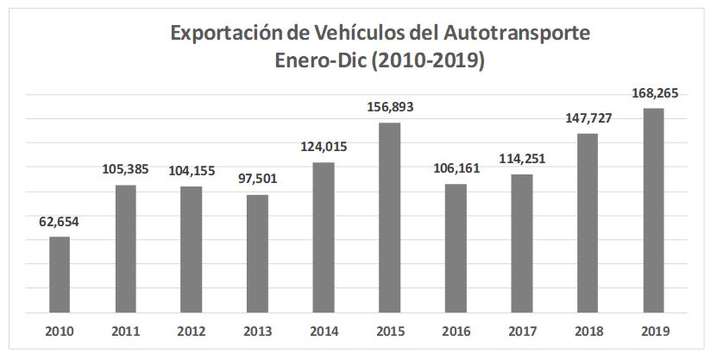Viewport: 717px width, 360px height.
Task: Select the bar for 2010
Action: [x=60, y=274]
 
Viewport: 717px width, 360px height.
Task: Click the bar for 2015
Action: [x=390, y=217]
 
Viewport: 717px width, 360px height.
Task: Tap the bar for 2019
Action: [x=654, y=210]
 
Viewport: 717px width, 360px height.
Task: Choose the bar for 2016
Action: [x=456, y=248]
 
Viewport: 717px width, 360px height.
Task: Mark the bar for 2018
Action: [x=588, y=222]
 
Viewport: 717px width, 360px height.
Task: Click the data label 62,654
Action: [x=60, y=221]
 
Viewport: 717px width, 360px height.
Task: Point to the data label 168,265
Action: [x=654, y=92]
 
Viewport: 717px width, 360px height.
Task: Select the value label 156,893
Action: [x=390, y=107]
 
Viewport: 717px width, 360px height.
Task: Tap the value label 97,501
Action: [x=257, y=180]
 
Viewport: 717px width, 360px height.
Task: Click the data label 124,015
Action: [x=324, y=147]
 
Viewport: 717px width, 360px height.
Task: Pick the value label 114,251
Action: [x=522, y=159]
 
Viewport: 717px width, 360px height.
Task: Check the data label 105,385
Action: [x=125, y=169]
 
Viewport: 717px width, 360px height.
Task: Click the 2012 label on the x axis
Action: [x=192, y=331]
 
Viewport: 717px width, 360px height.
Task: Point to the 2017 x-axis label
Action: [x=522, y=331]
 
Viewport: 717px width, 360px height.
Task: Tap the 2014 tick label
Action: [x=324, y=331]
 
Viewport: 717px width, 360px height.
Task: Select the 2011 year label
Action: [x=125, y=331]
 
